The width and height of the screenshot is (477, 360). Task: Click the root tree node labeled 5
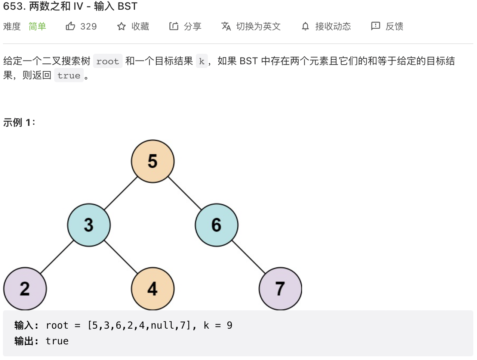click(x=153, y=161)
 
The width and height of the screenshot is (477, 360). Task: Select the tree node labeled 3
click(x=89, y=225)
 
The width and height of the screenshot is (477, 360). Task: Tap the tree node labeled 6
click(x=216, y=225)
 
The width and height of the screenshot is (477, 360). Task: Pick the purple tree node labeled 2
click(x=25, y=289)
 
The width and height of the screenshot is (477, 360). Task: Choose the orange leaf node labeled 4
click(x=153, y=289)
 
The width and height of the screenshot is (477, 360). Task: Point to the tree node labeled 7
click(x=280, y=289)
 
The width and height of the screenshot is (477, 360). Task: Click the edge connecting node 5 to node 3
click(x=121, y=193)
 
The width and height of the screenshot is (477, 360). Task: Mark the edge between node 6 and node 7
click(x=249, y=257)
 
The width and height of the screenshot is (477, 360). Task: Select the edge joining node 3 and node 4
click(x=121, y=257)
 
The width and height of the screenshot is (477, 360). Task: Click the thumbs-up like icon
click(x=70, y=26)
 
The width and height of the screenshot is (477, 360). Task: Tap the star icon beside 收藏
click(x=121, y=27)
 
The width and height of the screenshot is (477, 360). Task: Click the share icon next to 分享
click(x=173, y=26)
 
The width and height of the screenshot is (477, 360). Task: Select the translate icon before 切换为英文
click(x=226, y=26)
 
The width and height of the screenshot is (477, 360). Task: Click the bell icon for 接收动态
click(x=305, y=26)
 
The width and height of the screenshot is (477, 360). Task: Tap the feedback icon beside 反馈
click(x=375, y=26)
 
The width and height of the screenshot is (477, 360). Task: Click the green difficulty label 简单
click(x=37, y=27)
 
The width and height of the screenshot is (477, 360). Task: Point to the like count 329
click(x=89, y=27)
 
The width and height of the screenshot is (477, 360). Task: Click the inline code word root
click(x=108, y=61)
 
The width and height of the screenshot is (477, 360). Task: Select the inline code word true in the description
click(x=69, y=75)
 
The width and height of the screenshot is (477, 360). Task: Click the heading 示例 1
click(x=19, y=122)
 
